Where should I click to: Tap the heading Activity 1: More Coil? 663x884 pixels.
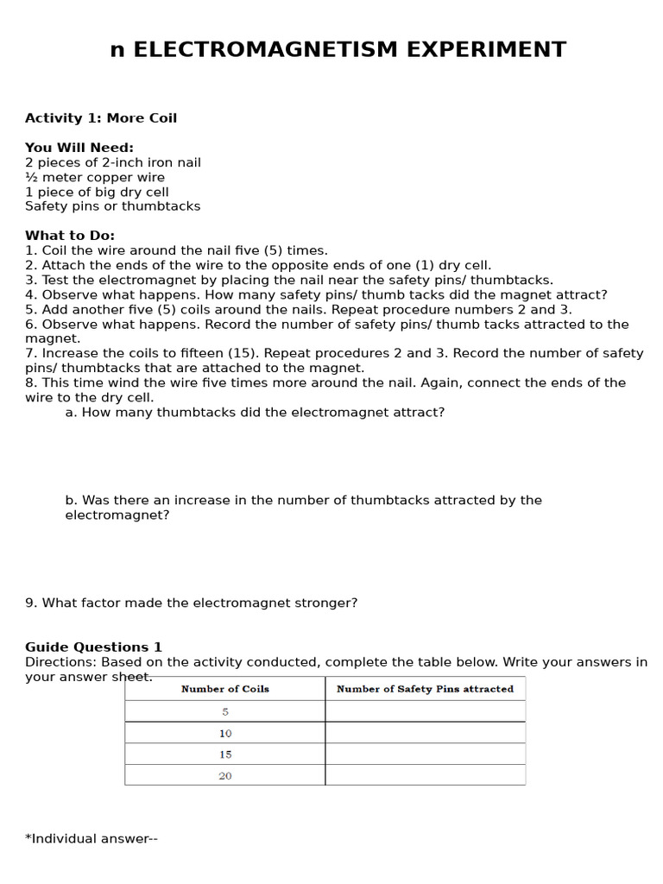tap(101, 118)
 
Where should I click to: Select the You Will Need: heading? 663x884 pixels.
tap(79, 148)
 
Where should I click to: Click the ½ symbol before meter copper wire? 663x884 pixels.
tap(31, 177)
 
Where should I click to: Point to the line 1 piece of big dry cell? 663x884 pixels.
tap(97, 192)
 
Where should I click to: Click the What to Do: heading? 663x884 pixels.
tap(70, 236)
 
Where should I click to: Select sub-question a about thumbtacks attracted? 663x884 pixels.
tap(255, 413)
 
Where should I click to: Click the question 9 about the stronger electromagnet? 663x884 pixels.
tap(191, 603)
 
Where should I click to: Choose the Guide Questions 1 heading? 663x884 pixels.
tap(93, 647)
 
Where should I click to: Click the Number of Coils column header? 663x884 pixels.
tap(224, 689)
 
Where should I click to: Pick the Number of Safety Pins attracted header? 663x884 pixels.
tap(425, 689)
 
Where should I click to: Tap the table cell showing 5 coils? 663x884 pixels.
tap(225, 712)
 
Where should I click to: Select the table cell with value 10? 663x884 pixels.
tap(225, 733)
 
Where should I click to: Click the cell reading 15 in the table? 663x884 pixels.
tap(225, 754)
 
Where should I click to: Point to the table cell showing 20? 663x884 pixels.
tap(225, 775)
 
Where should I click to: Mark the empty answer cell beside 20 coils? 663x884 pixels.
tap(425, 775)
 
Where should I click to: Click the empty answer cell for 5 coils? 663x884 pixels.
tap(425, 711)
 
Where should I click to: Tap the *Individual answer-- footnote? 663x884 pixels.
tap(92, 838)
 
